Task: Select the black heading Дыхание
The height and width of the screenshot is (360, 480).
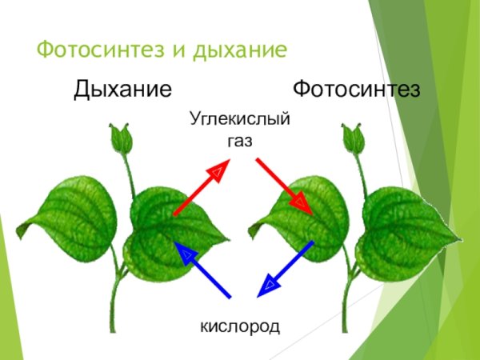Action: [x=122, y=88]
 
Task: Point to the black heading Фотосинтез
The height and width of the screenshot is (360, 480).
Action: [x=356, y=88]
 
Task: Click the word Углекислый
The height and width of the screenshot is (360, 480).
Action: [x=239, y=121]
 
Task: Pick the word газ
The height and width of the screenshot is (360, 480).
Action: [x=239, y=141]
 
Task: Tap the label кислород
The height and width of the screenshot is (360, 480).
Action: [x=239, y=326]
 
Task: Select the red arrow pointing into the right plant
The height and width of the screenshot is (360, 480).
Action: [x=283, y=185]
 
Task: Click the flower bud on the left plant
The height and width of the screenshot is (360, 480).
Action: [x=121, y=138]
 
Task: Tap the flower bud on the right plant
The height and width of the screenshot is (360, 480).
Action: [x=352, y=138]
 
